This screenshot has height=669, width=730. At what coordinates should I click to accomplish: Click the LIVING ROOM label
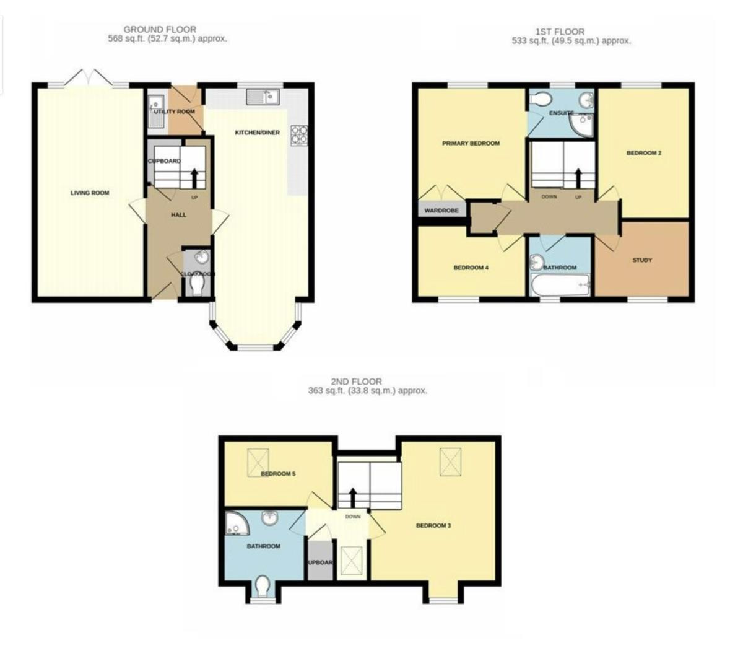click(90, 193)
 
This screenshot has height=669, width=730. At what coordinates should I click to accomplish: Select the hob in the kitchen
click(298, 134)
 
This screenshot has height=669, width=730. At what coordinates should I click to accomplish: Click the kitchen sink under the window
click(263, 97)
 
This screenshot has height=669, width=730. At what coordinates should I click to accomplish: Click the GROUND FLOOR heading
click(160, 29)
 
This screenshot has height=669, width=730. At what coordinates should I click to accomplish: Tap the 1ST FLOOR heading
click(560, 32)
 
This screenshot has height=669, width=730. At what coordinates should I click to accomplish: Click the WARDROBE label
click(441, 211)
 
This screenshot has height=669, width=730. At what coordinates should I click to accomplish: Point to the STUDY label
click(642, 260)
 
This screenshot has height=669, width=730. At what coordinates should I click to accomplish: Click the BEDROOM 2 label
click(644, 153)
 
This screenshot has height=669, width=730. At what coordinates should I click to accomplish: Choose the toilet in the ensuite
click(543, 98)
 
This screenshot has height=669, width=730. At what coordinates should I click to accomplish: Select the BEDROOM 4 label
click(471, 268)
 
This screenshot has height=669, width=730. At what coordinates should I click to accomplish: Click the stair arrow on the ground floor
click(196, 178)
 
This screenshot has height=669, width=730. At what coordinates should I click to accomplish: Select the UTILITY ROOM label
click(175, 111)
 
